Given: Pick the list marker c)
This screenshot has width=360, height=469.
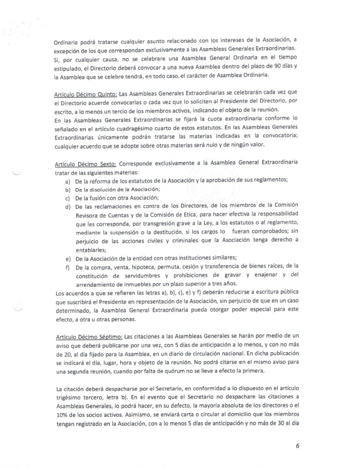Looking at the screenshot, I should pyautogui.click(x=68, y=198).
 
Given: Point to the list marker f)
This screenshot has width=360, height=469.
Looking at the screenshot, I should pyautogui.click(x=68, y=267).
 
